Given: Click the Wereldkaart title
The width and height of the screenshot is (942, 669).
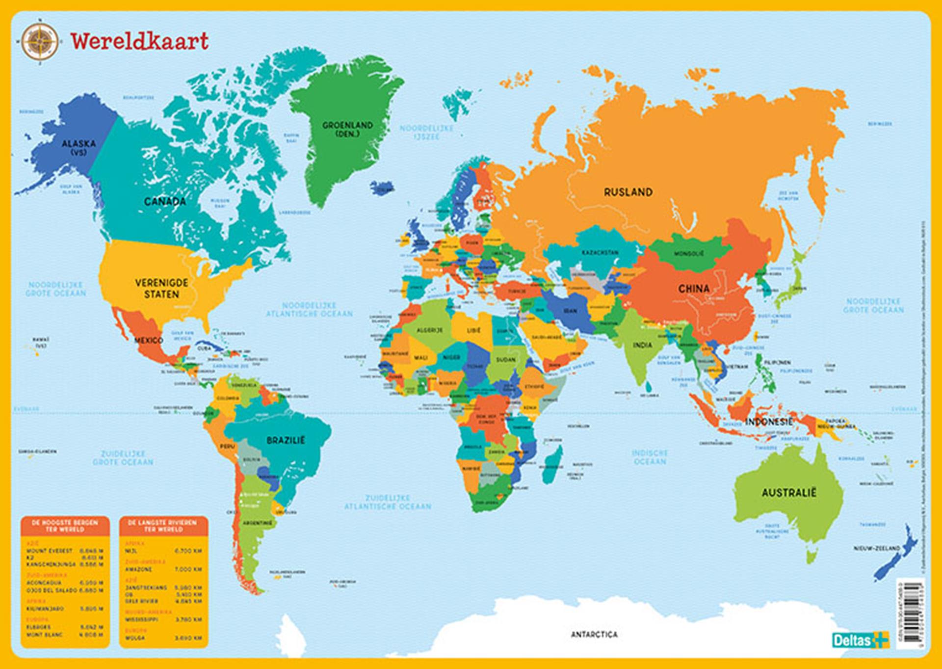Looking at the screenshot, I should pyautogui.click(x=140, y=41).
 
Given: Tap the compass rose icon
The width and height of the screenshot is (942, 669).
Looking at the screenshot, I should pyautogui.click(x=39, y=42).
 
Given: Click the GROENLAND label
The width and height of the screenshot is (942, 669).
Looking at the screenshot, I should pyautogui.click(x=347, y=129).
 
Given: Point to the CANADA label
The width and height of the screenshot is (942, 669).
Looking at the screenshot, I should pyautogui.click(x=165, y=201).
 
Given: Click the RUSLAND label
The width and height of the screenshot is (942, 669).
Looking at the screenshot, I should pyautogui.click(x=628, y=192).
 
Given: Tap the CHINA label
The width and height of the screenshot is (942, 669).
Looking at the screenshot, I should pyautogui.click(x=694, y=289).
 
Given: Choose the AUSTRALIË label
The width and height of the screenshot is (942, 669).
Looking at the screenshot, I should pyautogui.click(x=788, y=493).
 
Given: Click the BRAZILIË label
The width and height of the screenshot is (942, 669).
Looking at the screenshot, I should pyautogui.click(x=286, y=440).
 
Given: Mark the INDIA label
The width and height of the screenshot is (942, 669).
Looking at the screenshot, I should pyautogui.click(x=642, y=345).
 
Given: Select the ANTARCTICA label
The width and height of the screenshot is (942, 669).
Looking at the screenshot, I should pyautogui.click(x=594, y=635).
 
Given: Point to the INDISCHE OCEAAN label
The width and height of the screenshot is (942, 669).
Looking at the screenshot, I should pyautogui.click(x=650, y=457).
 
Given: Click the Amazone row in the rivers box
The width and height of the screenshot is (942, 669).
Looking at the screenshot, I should pyautogui.click(x=163, y=569).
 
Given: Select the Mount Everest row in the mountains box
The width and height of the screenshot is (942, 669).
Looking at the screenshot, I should pyautogui.click(x=64, y=551).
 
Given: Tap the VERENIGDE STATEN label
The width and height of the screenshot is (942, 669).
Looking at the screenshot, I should pyautogui.click(x=161, y=289).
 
